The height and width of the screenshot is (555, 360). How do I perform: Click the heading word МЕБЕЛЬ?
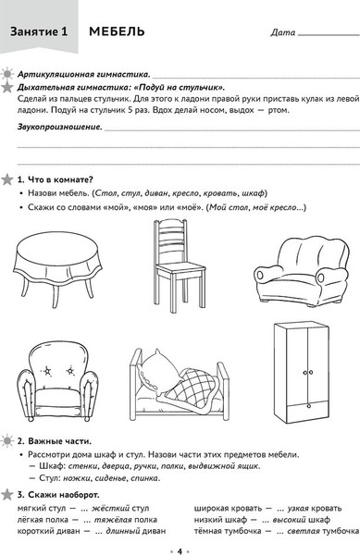pyautogui.click(x=117, y=31)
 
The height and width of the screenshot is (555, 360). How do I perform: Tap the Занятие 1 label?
pyautogui.click(x=39, y=31)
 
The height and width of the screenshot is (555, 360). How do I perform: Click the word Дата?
pyautogui.click(x=283, y=32)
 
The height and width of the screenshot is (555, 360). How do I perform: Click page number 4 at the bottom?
pyautogui.click(x=180, y=550)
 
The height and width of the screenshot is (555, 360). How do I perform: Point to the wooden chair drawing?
pyautogui.click(x=179, y=265)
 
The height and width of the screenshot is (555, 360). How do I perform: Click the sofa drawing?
pyautogui.click(x=302, y=271)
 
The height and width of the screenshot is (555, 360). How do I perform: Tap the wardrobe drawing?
pyautogui.click(x=302, y=373)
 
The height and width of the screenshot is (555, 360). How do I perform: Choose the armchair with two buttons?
pyautogui.click(x=57, y=383)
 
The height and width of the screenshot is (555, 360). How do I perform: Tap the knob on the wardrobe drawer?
pyautogui.click(x=309, y=406)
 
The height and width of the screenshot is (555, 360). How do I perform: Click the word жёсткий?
pyautogui.click(x=111, y=508)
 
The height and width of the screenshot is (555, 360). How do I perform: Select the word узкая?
pyautogui.click(x=298, y=508)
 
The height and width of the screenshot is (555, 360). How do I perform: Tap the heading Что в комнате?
pyautogui.click(x=60, y=179)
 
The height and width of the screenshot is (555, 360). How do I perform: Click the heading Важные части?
pyautogui.click(x=59, y=441)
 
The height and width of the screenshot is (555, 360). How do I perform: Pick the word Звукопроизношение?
pyautogui.click(x=59, y=127)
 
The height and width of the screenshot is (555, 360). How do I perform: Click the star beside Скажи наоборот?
pyautogui.click(x=6, y=494)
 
